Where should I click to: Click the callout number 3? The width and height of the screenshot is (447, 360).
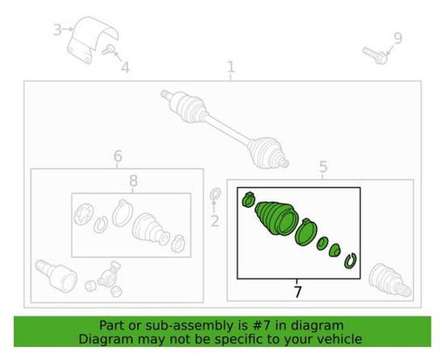click(x=58, y=30)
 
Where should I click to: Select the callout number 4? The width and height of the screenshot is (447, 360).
click(x=125, y=67)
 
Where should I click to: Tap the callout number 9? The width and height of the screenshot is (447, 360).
click(x=398, y=38)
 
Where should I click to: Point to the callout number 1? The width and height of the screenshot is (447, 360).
click(x=230, y=67)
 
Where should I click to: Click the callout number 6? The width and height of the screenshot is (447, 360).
click(x=118, y=156)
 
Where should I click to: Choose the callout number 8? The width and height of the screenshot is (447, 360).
click(x=134, y=181)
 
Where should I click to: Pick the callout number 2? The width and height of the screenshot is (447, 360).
click(x=215, y=221)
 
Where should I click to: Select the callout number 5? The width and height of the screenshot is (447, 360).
click(x=323, y=167)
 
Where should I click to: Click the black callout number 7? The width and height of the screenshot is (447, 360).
click(x=297, y=292)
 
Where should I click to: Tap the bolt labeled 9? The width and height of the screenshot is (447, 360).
click(x=375, y=55)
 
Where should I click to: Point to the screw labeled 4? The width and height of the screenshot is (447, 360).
click(x=108, y=50)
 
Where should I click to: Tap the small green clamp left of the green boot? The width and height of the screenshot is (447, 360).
click(x=248, y=199)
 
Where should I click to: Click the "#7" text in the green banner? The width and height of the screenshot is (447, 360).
click(x=262, y=325)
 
